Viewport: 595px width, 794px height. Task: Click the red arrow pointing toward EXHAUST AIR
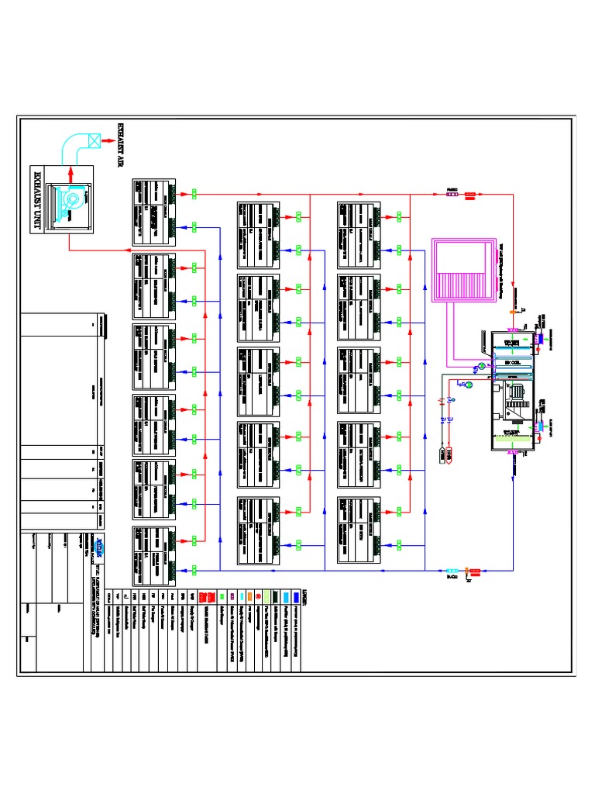pos(106,142)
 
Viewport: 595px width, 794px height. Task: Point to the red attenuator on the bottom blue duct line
pos(475,571)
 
